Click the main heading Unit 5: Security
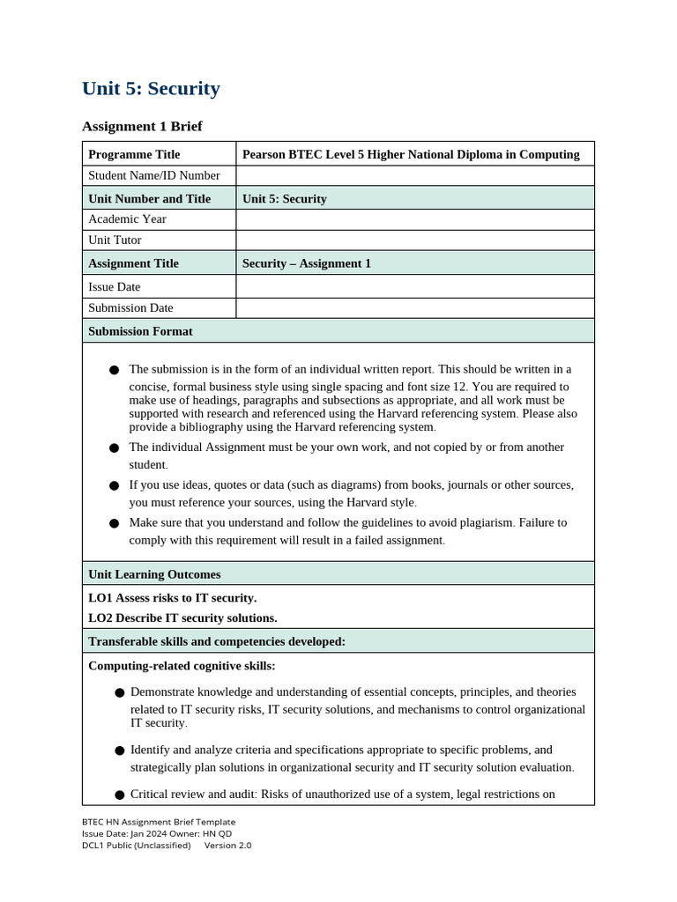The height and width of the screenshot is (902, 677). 151,89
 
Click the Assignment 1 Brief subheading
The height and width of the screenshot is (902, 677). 142,127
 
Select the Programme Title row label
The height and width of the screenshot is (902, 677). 134,154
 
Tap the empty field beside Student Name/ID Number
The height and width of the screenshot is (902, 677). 414,175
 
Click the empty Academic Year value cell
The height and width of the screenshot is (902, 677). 414,219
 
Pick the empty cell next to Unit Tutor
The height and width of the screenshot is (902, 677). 414,240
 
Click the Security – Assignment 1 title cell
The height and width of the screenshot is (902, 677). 307,263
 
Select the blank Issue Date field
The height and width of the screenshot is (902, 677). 414,286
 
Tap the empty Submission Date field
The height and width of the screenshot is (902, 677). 414,308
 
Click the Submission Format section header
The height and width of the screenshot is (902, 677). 140,331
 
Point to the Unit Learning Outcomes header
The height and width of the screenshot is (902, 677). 154,574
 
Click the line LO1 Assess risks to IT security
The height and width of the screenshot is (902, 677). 173,597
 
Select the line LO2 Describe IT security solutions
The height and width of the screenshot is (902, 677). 182,617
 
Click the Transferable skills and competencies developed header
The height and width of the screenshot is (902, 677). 217,641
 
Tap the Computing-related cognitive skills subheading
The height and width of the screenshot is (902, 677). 182,665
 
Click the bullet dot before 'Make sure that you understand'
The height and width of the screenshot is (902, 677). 114,523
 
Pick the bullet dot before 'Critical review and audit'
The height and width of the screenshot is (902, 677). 119,795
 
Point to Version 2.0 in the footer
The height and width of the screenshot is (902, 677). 227,846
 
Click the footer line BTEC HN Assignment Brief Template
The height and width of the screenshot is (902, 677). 159,822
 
